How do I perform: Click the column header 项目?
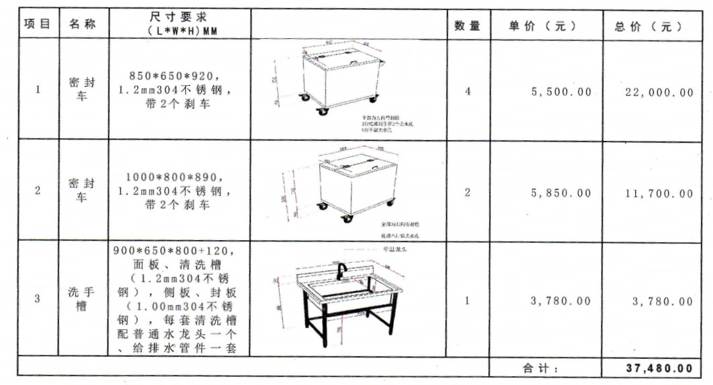pyautogui.click(x=38, y=25)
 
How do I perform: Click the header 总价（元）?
pyautogui.click(x=649, y=27)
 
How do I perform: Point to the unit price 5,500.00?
pyautogui.click(x=561, y=92)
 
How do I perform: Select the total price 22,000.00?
pyautogui.click(x=659, y=93)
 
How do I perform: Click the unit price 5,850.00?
pyautogui.click(x=561, y=193)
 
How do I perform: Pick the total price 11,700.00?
pyautogui.click(x=659, y=194)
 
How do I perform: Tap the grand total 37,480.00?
pyautogui.click(x=659, y=368)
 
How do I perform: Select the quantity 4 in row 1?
pyautogui.click(x=468, y=91)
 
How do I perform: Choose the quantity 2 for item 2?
pyautogui.click(x=468, y=192)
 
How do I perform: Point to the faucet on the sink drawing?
pyautogui.click(x=341, y=270)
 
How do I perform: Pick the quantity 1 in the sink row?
pyautogui.click(x=468, y=300)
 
